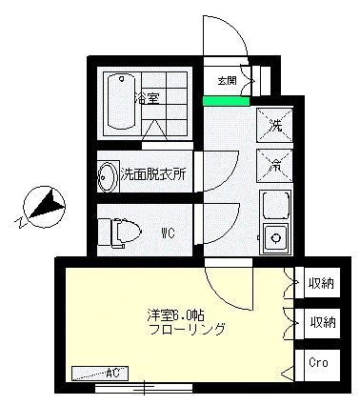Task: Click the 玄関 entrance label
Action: click(227, 80)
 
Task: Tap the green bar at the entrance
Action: click(227, 99)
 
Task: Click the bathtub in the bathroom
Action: click(120, 100)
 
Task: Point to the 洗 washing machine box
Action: click(274, 124)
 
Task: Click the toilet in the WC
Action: click(122, 232)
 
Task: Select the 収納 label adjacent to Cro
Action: click(322, 322)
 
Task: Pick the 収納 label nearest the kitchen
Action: click(322, 282)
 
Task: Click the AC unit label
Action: click(110, 372)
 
